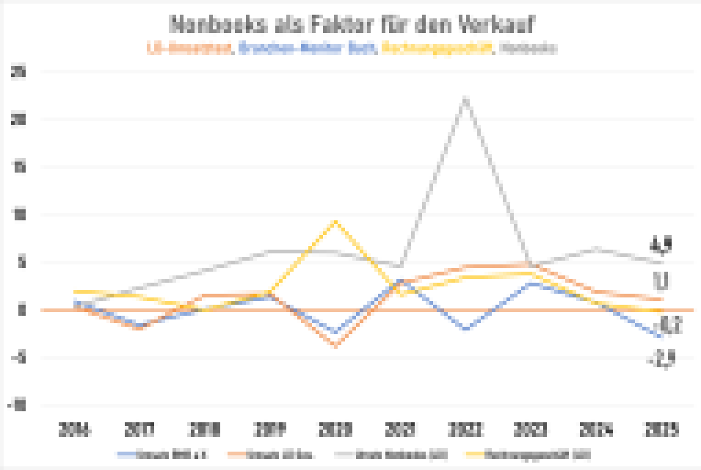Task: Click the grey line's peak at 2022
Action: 465,98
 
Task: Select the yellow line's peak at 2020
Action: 335,221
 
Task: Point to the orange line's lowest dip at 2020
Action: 335,345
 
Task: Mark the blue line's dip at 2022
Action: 465,329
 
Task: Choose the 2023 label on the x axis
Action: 531,429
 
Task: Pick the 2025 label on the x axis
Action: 662,429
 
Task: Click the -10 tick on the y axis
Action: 18,405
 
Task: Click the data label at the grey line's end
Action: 661,245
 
